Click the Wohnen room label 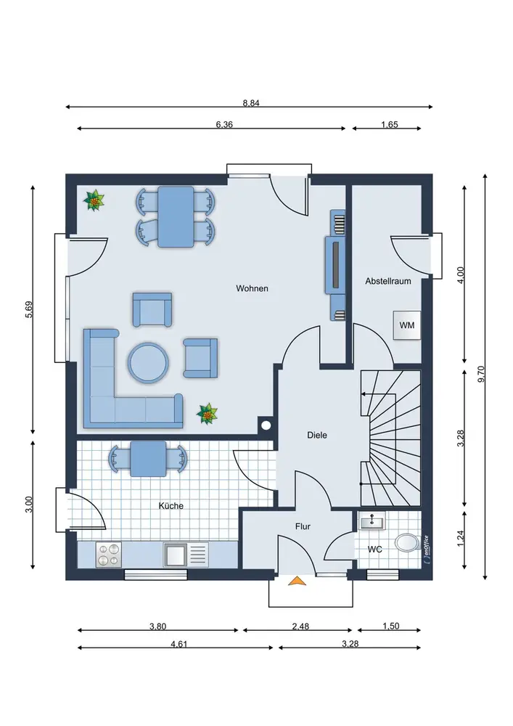(x=252, y=288)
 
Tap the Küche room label (x=171, y=506)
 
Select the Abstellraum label (x=388, y=281)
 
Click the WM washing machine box (x=407, y=325)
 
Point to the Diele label (x=317, y=435)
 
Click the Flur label (x=303, y=526)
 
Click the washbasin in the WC (x=372, y=521)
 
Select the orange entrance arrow (x=297, y=581)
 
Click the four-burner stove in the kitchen (x=109, y=554)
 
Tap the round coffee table (x=148, y=362)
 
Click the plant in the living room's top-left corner (x=94, y=200)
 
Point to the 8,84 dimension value (x=251, y=103)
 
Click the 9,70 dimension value (x=481, y=374)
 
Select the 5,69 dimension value (x=29, y=309)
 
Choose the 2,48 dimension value (x=300, y=627)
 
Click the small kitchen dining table (x=148, y=459)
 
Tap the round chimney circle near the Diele (x=266, y=425)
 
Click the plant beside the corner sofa (x=207, y=414)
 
